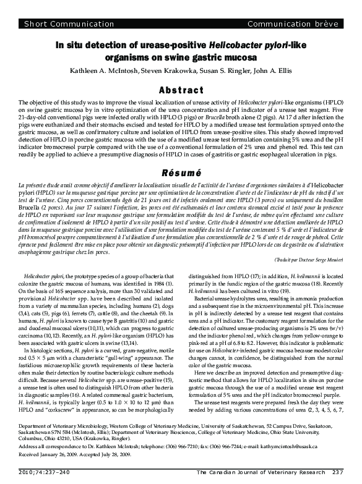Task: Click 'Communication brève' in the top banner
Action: [x=293, y=24]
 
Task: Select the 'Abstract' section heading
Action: [x=181, y=90]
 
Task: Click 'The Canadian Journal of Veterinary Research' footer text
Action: [x=260, y=473]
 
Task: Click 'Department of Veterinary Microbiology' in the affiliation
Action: [x=56, y=427]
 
